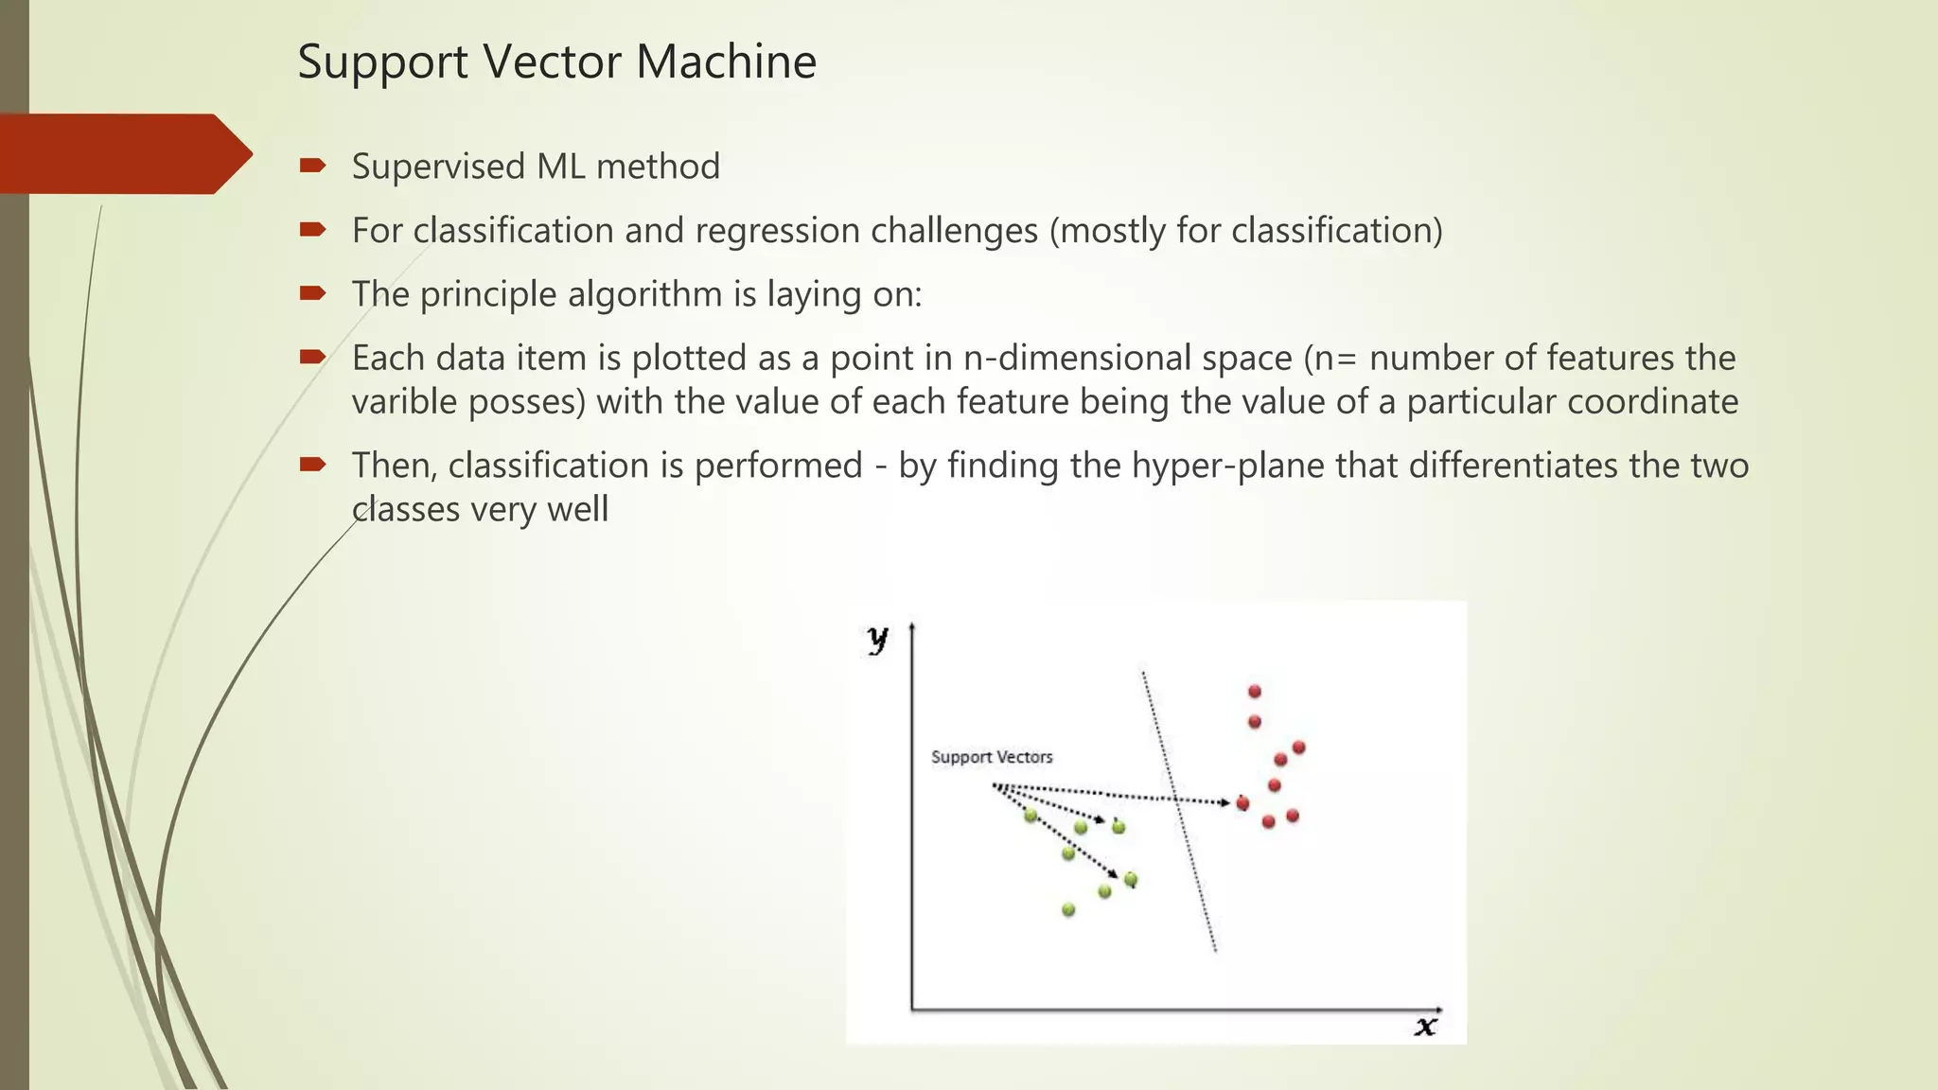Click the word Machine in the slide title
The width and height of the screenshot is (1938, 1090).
pyautogui.click(x=726, y=62)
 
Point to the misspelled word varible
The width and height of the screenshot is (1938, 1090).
pyautogui.click(x=404, y=402)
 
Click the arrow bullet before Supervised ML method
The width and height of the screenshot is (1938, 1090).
pyautogui.click(x=312, y=167)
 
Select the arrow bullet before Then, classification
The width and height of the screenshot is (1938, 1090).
pyautogui.click(x=312, y=465)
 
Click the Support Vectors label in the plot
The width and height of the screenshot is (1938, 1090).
pyautogui.click(x=991, y=757)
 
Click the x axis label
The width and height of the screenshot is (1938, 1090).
pyautogui.click(x=1425, y=1026)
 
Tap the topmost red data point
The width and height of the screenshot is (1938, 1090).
pyautogui.click(x=1255, y=692)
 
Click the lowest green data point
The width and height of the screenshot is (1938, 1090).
pyautogui.click(x=1068, y=909)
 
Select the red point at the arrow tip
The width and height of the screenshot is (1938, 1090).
pyautogui.click(x=1242, y=803)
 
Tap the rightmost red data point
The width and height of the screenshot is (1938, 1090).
pyautogui.click(x=1298, y=747)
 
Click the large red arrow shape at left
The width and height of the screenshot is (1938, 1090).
pyautogui.click(x=123, y=153)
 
